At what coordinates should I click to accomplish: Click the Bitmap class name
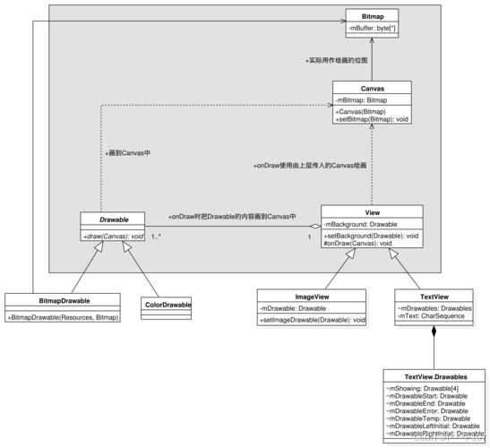pos(373,16)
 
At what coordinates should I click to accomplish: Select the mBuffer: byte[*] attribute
pos(373,30)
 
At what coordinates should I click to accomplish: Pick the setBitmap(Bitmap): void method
pos(372,118)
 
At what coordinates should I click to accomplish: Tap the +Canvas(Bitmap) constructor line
pos(357,110)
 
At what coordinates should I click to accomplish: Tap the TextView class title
pos(434,295)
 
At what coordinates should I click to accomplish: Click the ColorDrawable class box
pos(168,305)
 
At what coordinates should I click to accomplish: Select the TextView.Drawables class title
pos(434,377)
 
